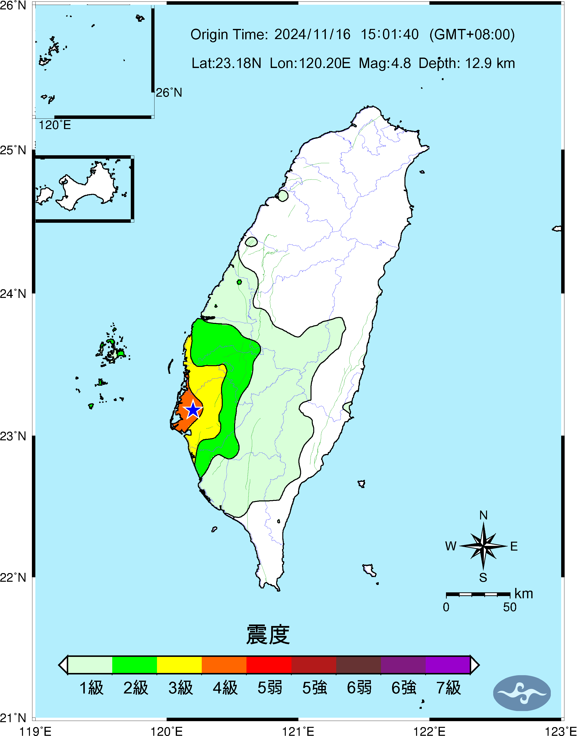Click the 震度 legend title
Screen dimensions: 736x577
point(268,635)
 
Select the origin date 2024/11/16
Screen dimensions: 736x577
point(312,34)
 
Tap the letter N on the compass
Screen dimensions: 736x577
point(483,515)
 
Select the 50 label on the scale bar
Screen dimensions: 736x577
point(510,607)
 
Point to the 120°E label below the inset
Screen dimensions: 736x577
point(55,125)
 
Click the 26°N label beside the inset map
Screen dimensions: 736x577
point(169,92)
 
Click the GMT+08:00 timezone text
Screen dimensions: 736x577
point(472,34)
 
